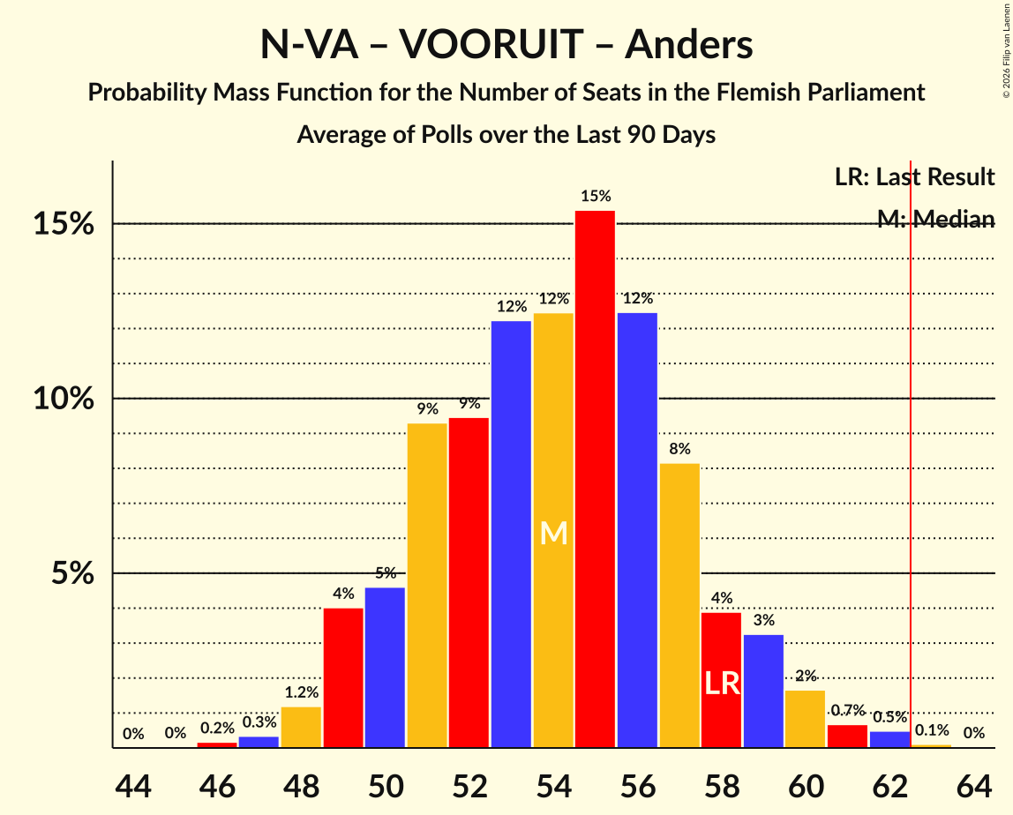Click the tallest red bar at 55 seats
pos(595,479)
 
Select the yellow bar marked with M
pos(553,530)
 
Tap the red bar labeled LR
pos(722,680)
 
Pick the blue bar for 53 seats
pos(511,534)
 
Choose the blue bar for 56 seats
pos(637,530)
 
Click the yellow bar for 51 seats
pos(427,586)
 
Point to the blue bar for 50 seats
pos(385,668)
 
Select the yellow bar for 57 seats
pos(679,605)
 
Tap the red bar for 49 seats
pos(343,677)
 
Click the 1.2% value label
pos(301,692)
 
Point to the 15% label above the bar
pos(595,196)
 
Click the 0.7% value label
pos(847,710)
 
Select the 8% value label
pos(679,449)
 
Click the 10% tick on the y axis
pos(64,399)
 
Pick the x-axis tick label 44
pos(133,784)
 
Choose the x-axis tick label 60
pos(805,784)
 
